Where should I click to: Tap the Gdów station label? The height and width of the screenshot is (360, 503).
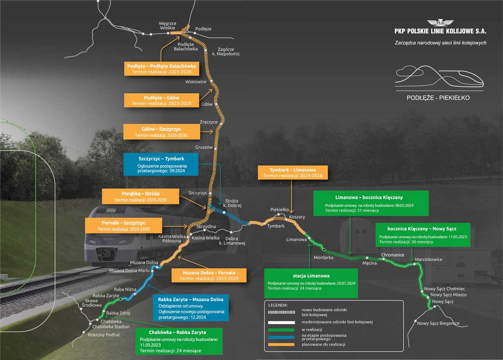pyautogui.click(x=207, y=104)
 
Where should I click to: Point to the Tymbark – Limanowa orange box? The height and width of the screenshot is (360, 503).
pyautogui.click(x=293, y=172)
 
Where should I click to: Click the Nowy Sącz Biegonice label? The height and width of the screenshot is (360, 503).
pyautogui.click(x=438, y=323)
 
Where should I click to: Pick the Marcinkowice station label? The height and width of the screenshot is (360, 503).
pyautogui.click(x=428, y=259)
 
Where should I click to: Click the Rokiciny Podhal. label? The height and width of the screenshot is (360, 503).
pyautogui.click(x=104, y=335)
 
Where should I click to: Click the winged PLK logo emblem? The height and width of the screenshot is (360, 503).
pyautogui.click(x=440, y=23)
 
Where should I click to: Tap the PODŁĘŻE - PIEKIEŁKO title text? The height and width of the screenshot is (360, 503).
pyautogui.click(x=438, y=98)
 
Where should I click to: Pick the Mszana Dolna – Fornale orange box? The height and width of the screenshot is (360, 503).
pyautogui.click(x=210, y=275)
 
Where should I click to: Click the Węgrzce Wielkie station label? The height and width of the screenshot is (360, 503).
pyautogui.click(x=168, y=26)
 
